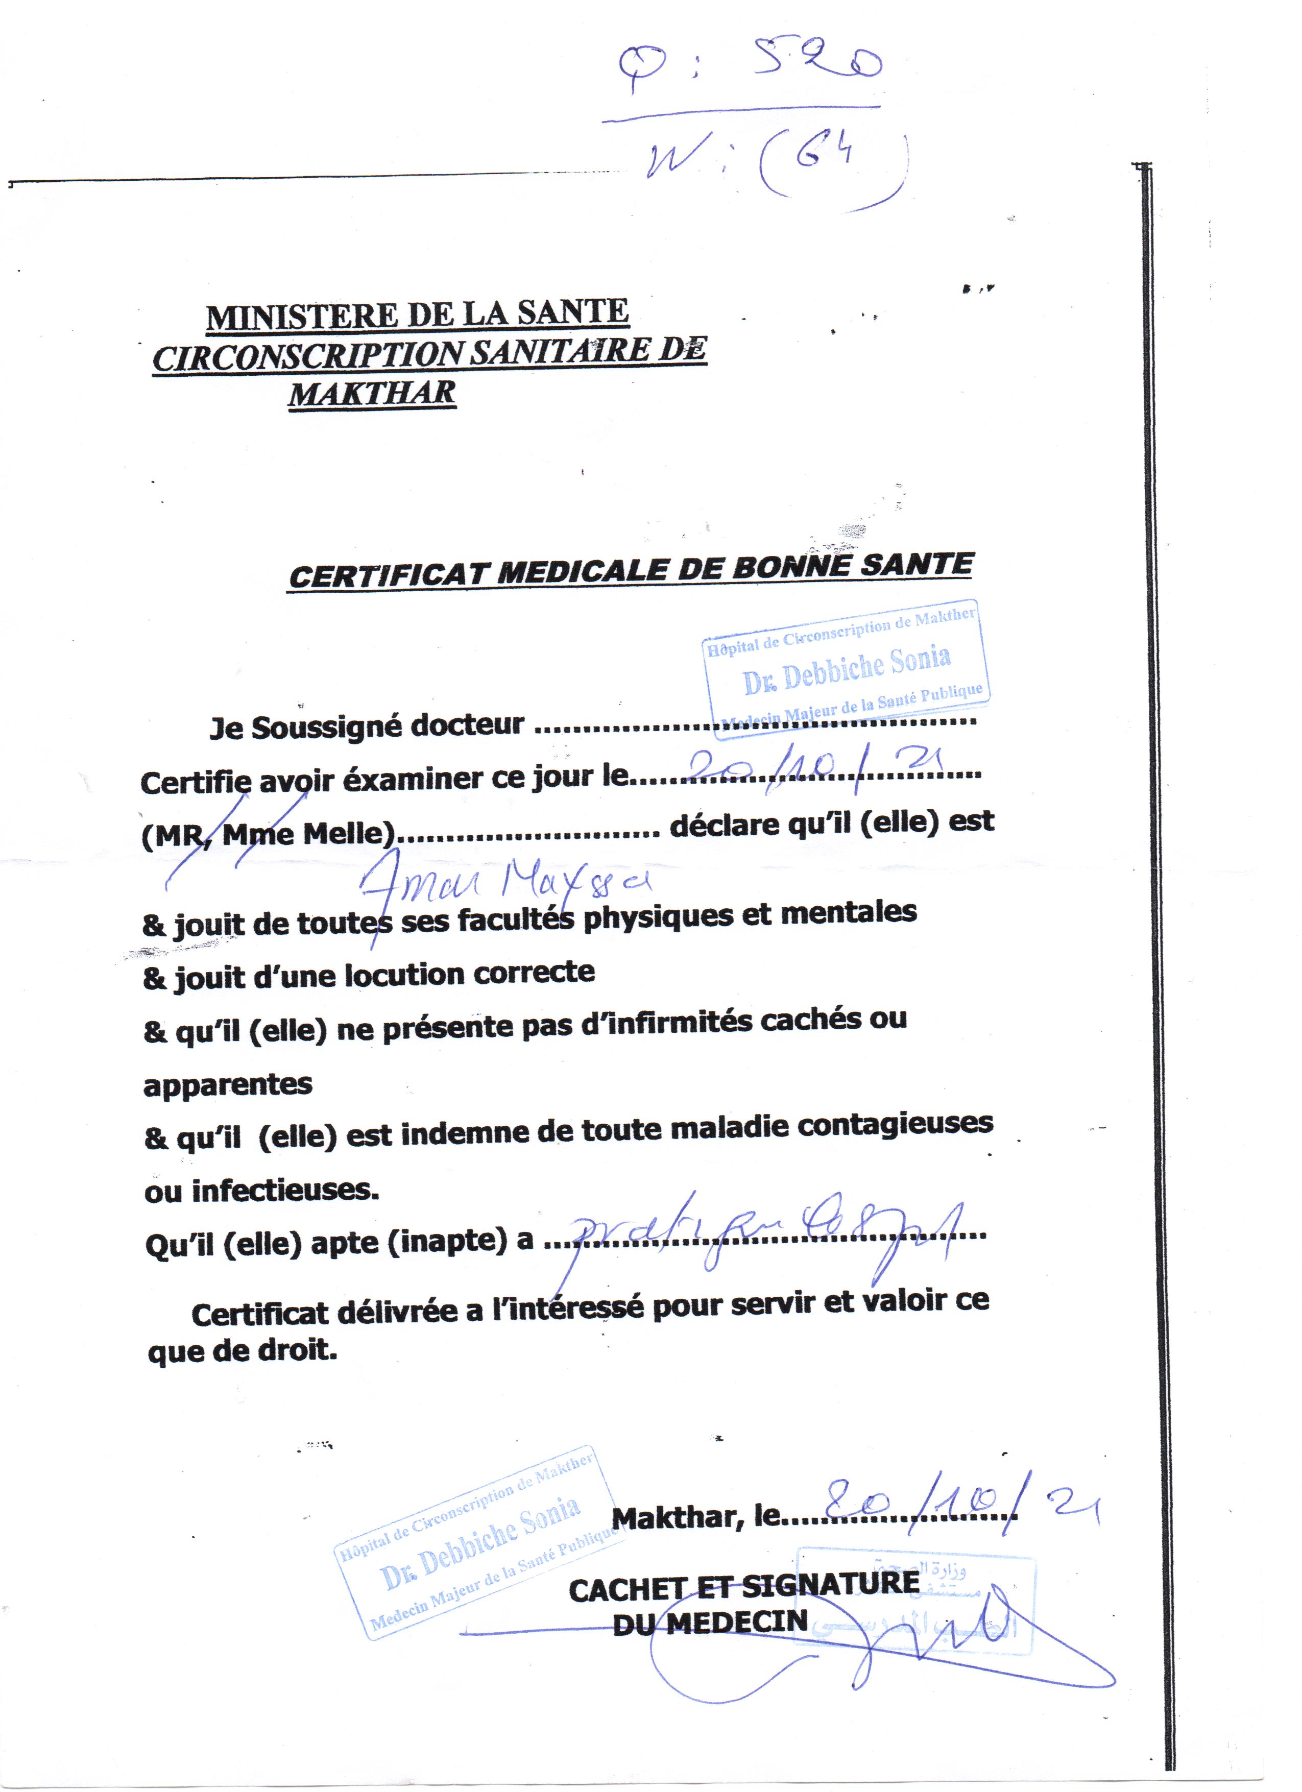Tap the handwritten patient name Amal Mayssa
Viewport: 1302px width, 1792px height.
[x=505, y=883]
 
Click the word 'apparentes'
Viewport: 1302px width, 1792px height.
[x=228, y=1084]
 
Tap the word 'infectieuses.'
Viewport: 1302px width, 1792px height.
[x=285, y=1189]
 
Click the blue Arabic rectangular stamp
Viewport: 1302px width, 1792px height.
[x=917, y=1604]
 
